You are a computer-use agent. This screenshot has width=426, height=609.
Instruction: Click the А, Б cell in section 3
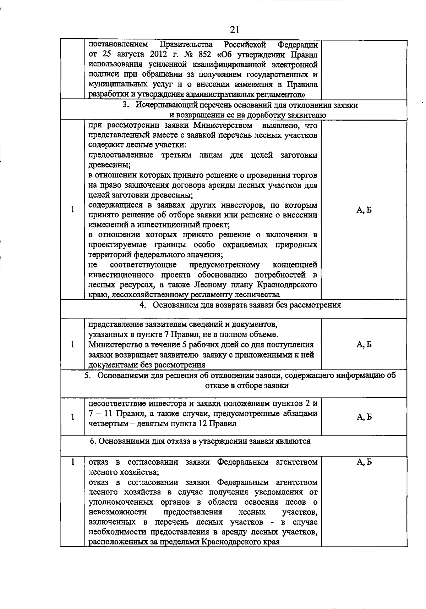tap(364, 210)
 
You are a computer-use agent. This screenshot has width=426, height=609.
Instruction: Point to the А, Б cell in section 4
tap(364, 344)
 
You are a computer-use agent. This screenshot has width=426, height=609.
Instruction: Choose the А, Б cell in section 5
tap(364, 417)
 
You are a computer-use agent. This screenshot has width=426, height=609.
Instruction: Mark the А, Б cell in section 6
tap(364, 462)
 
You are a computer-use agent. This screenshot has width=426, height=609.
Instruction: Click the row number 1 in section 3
tap(72, 210)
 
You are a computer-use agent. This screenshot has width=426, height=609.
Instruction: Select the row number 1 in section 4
tap(72, 344)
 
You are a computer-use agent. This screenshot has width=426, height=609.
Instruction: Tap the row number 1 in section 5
tap(72, 417)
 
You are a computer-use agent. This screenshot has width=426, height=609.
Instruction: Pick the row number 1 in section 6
tap(72, 462)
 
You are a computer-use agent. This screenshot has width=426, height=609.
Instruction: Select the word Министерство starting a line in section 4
tap(113, 344)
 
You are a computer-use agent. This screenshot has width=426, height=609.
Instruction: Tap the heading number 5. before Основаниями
tap(88, 376)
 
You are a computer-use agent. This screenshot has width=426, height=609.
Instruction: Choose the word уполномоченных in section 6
tap(121, 502)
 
